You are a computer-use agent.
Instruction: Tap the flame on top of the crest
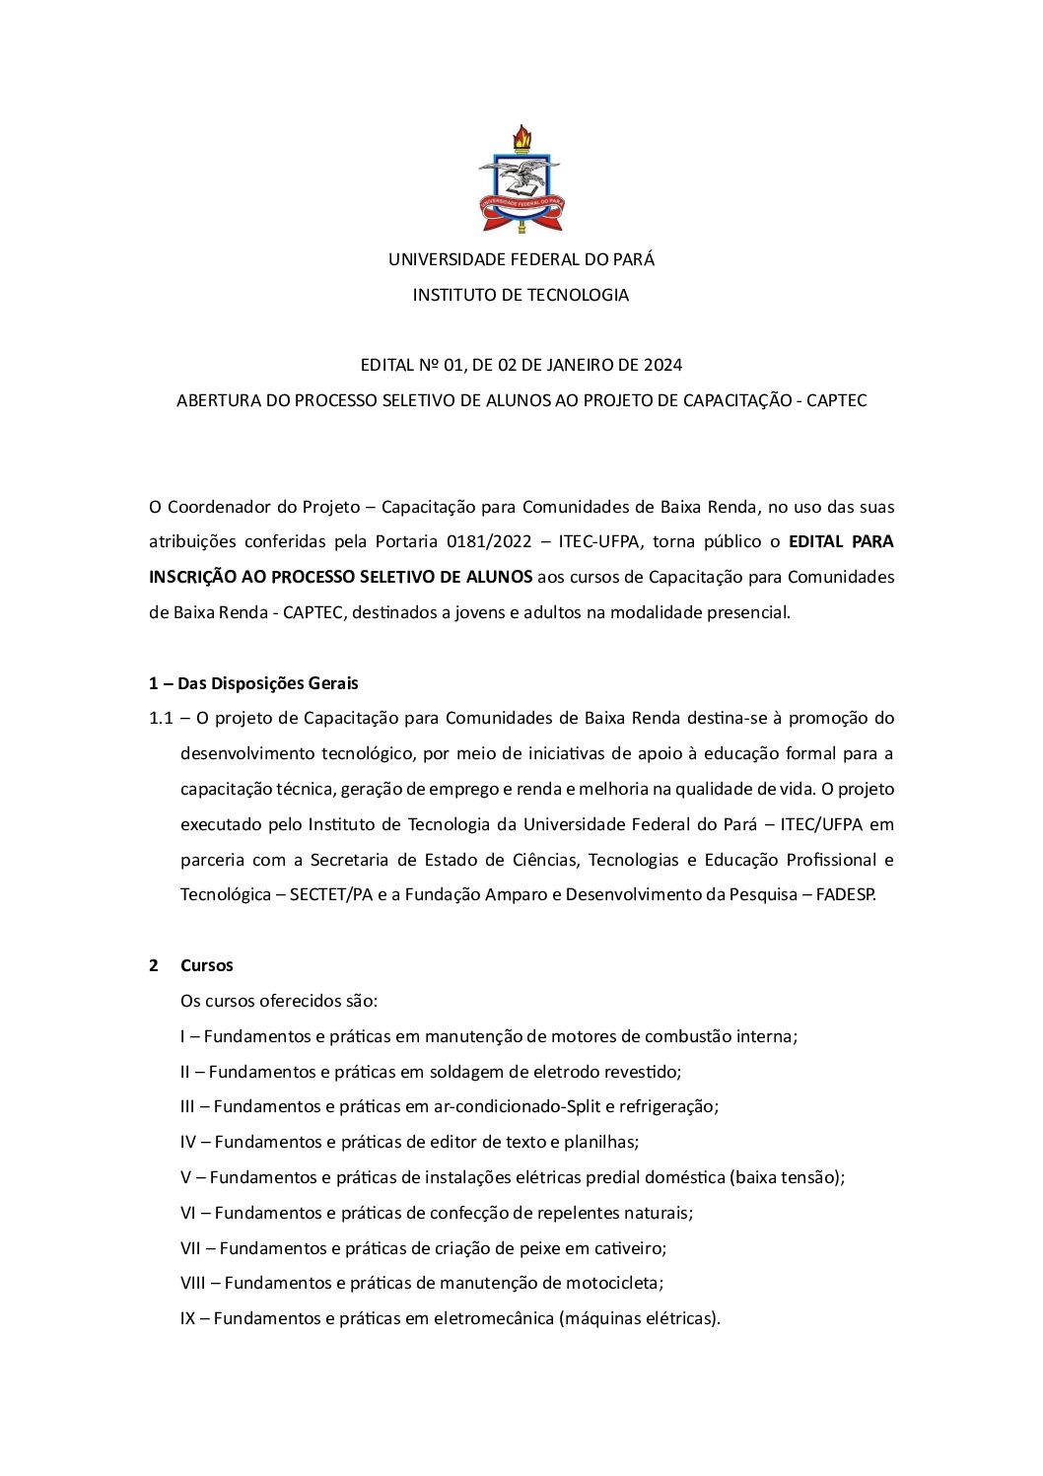521,136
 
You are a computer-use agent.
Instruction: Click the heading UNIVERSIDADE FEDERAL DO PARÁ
521,259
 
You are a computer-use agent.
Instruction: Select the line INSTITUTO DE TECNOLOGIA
521,295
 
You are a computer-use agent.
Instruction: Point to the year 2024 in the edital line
662,365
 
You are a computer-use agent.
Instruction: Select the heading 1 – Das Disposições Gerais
253,683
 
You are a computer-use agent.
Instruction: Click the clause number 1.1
161,718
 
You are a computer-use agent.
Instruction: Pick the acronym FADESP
845,894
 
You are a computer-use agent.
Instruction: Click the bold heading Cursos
207,965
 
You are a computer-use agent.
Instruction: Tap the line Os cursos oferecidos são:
279,1001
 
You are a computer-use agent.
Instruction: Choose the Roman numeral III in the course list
187,1106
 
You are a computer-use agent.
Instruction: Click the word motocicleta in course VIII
613,1283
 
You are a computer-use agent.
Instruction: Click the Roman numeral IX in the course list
187,1318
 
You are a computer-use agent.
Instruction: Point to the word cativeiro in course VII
629,1248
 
